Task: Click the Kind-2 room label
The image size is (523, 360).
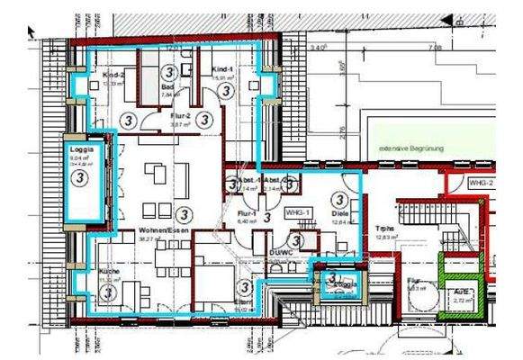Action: (x=113, y=74)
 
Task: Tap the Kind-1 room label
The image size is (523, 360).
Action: (x=223, y=70)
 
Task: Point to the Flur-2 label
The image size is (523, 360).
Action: (x=180, y=116)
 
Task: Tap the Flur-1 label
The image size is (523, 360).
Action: (x=246, y=212)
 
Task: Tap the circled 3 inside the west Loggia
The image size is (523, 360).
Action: (x=80, y=177)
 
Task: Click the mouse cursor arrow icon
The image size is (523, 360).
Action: (x=32, y=31)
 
